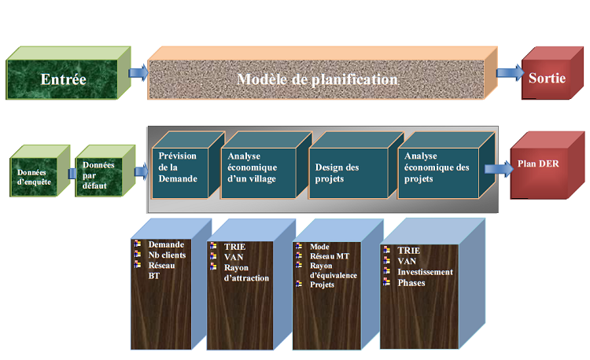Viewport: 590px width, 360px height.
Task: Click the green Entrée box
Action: pos(63,79)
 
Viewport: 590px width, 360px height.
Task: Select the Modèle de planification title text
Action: pos(317,80)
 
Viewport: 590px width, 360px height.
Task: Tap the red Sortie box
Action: pos(546,79)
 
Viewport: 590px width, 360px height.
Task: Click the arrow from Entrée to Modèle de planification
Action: pos(137,73)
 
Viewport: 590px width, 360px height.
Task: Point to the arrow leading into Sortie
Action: pos(509,73)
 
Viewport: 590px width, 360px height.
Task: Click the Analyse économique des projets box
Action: pos(436,167)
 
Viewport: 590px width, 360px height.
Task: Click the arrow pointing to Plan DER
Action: pos(496,167)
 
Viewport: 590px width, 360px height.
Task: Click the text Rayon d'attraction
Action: pos(245,272)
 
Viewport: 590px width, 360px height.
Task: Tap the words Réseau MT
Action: pos(330,255)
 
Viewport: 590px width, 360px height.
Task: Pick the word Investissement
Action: pos(425,272)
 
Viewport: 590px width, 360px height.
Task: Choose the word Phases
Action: pos(412,282)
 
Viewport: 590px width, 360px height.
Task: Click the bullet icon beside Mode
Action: pos(299,246)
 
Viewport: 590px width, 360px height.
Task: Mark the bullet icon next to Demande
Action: pos(137,244)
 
